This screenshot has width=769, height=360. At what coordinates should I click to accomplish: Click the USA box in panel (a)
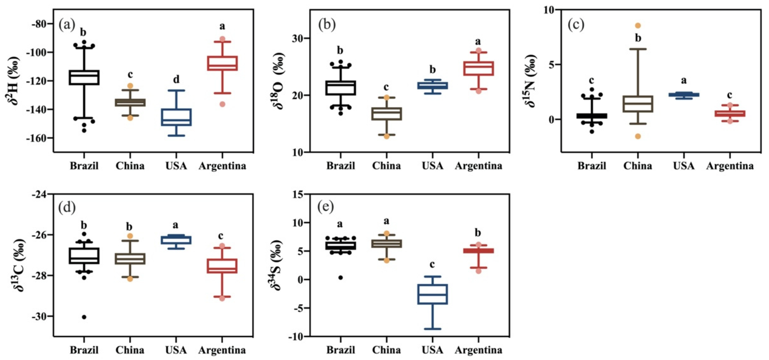(176, 117)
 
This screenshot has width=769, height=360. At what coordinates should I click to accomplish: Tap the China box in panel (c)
(638, 104)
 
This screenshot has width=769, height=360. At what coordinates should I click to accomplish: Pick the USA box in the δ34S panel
(432, 294)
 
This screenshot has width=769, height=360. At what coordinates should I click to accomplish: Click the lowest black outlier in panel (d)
(84, 317)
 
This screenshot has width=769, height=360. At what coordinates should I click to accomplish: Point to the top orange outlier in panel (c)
(638, 26)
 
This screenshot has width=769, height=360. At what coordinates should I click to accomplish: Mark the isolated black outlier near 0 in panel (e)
(340, 278)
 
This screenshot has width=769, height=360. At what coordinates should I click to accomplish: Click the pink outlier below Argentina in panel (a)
(222, 104)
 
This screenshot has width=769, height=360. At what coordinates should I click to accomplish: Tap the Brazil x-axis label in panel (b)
(340, 166)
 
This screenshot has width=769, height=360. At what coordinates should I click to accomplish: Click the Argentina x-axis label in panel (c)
(730, 166)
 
